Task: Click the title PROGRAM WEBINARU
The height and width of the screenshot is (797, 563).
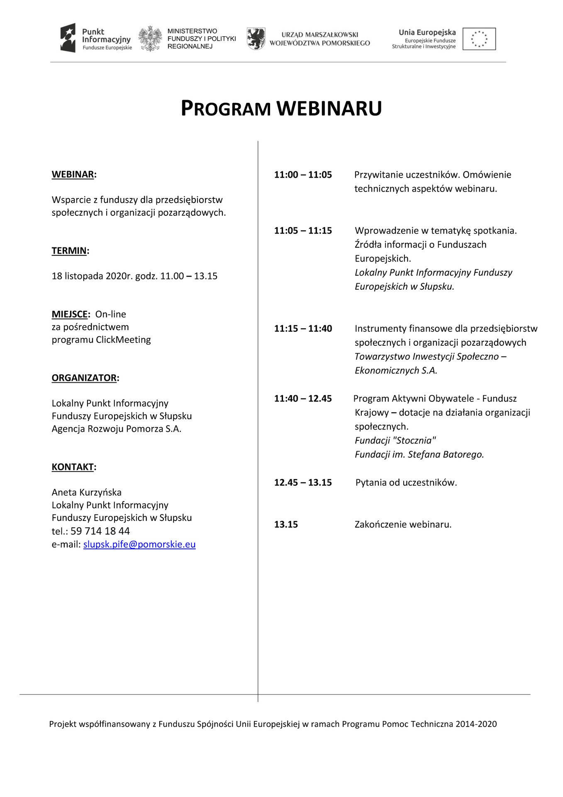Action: click(x=281, y=108)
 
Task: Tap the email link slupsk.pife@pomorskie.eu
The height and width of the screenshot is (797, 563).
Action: click(x=139, y=544)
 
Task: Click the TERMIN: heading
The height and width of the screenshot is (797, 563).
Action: click(x=70, y=251)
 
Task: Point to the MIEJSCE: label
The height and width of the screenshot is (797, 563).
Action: click(x=71, y=314)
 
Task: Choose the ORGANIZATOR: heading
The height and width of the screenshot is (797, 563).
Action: click(x=85, y=378)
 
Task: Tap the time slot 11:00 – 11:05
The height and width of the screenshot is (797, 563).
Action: click(x=303, y=175)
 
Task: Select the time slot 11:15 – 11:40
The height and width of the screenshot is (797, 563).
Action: click(x=303, y=329)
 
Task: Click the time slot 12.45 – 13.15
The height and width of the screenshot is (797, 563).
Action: click(x=303, y=482)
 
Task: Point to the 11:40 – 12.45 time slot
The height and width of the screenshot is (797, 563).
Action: click(x=303, y=398)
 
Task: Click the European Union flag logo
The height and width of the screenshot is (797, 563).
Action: click(x=479, y=39)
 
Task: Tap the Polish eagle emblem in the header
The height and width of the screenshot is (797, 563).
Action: click(x=150, y=39)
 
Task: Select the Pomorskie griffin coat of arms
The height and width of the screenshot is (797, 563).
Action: click(x=256, y=39)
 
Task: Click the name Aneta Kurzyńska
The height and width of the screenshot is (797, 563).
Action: click(x=87, y=492)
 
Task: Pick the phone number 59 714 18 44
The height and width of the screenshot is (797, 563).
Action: click(x=100, y=531)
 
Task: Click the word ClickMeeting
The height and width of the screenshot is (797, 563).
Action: click(x=123, y=340)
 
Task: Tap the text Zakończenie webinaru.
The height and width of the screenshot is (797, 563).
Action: click(x=403, y=524)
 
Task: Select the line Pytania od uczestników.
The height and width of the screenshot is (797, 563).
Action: click(x=406, y=482)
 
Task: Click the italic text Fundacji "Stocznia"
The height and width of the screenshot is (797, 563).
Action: click(x=395, y=440)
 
